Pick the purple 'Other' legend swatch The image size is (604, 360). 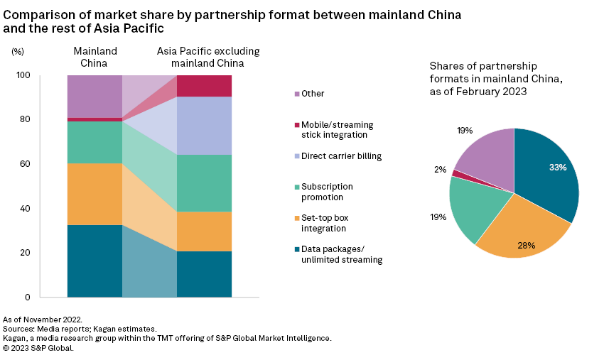pyautogui.click(x=295, y=94)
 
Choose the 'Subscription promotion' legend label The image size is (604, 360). pyautogui.click(x=327, y=192)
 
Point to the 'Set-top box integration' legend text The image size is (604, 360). pyautogui.click(x=324, y=223)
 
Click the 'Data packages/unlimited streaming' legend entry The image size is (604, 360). pyautogui.click(x=341, y=254)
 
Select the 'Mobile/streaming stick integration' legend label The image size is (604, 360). pyautogui.click(x=337, y=129)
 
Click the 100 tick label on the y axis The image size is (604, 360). pyautogui.click(x=23, y=75)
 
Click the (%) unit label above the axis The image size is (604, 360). pyautogui.click(x=18, y=52)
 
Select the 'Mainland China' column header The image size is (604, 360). pyautogui.click(x=95, y=57)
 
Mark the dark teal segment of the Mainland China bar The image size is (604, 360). pyautogui.click(x=95, y=261)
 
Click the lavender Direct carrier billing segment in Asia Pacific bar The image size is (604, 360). pyautogui.click(x=204, y=126)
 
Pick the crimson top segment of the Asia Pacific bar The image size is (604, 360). pyautogui.click(x=204, y=85)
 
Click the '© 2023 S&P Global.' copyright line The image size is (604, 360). pyautogui.click(x=38, y=348)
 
